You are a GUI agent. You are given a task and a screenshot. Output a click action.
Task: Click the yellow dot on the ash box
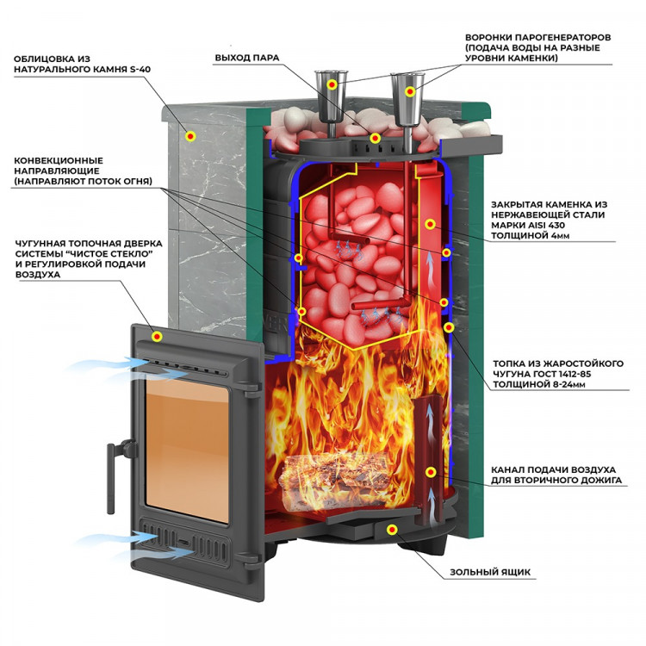pyautogui.click(x=392, y=528)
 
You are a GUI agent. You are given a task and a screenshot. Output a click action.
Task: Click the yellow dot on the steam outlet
pyautogui.click(x=375, y=138)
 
